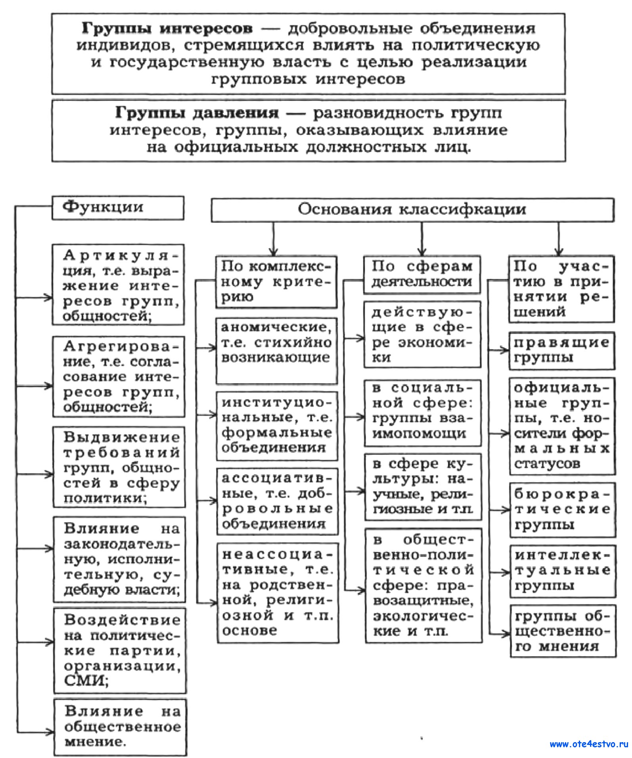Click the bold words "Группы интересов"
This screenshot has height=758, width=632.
[167, 29]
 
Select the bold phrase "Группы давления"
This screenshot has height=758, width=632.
[197, 113]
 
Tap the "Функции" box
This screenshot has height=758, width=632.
[118, 208]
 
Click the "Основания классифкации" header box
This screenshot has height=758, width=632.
[412, 210]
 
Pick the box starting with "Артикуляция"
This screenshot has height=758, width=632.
[119, 285]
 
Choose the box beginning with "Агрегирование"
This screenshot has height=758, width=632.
[119, 376]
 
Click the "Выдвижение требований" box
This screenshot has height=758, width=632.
[119, 467]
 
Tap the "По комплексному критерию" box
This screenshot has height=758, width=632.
[276, 282]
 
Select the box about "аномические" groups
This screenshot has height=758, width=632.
[276, 350]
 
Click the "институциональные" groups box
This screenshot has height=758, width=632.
[277, 425]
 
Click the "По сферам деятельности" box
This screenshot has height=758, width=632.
[422, 274]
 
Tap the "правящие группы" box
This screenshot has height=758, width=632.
[561, 350]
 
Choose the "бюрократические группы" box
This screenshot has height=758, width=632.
[562, 510]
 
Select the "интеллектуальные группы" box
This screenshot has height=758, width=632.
[562, 571]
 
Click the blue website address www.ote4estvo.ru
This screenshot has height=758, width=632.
[589, 744]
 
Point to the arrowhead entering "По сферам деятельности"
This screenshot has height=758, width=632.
[422, 251]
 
